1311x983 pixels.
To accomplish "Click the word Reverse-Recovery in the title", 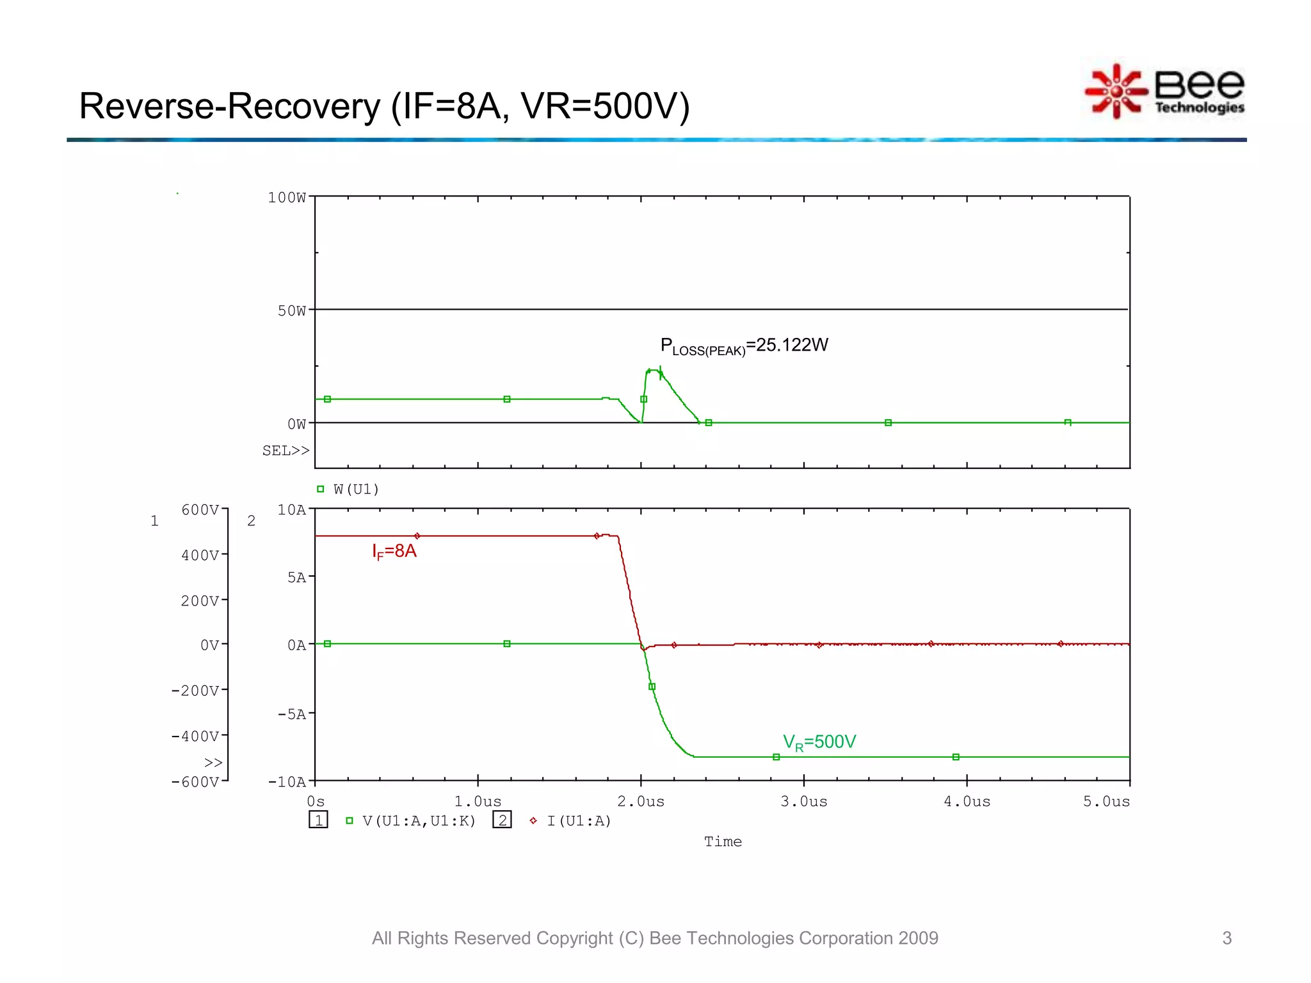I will coord(229,106).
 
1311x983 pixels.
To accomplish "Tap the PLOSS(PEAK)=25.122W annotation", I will coord(744,346).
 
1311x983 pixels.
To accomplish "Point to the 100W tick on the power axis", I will coord(286,198).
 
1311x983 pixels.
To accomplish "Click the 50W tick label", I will coord(291,311).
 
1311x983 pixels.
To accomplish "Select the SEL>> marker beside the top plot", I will coord(286,451).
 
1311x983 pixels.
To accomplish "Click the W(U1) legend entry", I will coord(356,490).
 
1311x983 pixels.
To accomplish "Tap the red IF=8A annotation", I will coord(394,552).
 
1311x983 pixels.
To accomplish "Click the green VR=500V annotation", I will coord(819,742).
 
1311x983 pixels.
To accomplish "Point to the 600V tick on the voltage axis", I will coord(200,510).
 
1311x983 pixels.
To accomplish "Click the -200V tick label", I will coord(195,691).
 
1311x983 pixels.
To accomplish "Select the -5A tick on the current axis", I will coord(291,714).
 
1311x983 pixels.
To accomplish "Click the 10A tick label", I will coord(291,510).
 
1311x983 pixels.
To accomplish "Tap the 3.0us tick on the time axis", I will coord(803,802).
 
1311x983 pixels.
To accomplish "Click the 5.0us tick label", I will coord(1106,802).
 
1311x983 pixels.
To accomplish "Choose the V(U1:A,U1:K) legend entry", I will coord(419,821).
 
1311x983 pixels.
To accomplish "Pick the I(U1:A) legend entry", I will coord(579,821).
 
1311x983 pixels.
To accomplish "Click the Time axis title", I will coord(723,842).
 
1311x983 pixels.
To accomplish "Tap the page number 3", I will coord(1227,938).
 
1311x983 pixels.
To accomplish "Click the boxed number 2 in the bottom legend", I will coord(502,820).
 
